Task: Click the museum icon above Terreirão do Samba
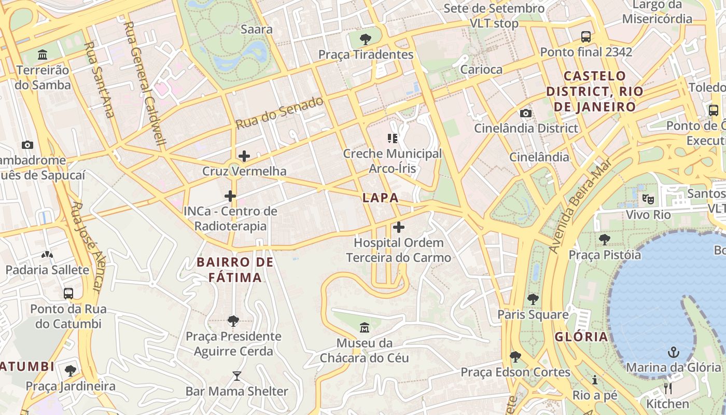point(43,54)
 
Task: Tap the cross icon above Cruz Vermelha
point(244,156)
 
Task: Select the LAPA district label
point(381,198)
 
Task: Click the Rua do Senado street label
point(280,113)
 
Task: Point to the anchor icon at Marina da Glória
point(673,352)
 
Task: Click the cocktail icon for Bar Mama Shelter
point(237,376)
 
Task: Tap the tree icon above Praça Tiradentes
point(366,39)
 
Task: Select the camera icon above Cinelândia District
point(525,113)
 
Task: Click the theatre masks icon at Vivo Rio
point(648,199)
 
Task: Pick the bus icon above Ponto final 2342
point(586,37)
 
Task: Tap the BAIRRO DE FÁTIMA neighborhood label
point(235,270)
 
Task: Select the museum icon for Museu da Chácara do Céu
point(365,328)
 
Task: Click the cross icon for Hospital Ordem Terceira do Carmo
point(398,227)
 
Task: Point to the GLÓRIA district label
point(581,337)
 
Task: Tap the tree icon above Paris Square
point(533,299)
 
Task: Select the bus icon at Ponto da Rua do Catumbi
point(68,294)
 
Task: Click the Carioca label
point(481,70)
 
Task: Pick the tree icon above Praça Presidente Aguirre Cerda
point(233,321)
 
